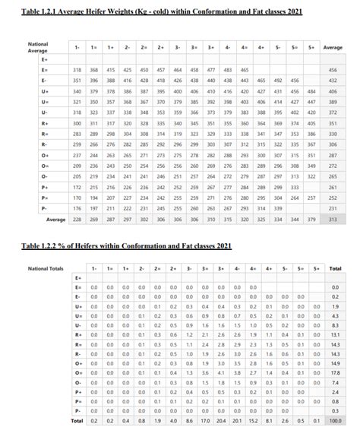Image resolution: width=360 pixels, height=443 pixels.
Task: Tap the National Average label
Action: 38,48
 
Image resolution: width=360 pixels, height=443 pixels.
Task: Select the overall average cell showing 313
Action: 333,219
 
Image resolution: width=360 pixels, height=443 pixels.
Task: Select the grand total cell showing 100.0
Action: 335,420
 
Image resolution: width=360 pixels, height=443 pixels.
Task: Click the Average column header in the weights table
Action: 333,47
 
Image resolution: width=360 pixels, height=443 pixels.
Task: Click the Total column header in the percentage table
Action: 335,269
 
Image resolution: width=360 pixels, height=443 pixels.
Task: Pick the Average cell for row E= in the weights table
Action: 333,69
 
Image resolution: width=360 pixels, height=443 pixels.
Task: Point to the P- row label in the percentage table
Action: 77,410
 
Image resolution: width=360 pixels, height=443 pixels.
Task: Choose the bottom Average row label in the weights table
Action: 55,219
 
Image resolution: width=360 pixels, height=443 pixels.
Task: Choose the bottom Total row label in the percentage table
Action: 77,420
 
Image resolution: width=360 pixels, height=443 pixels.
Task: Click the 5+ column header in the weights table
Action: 311,47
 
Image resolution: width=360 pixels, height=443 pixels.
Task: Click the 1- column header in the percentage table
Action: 93,269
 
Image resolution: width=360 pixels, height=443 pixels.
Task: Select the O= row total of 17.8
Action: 335,372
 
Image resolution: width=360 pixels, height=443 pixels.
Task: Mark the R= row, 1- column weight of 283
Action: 77,133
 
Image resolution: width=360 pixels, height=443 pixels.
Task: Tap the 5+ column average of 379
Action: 311,219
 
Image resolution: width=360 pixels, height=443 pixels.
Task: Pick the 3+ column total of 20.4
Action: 221,420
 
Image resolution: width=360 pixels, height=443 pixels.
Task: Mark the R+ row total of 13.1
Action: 335,334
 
